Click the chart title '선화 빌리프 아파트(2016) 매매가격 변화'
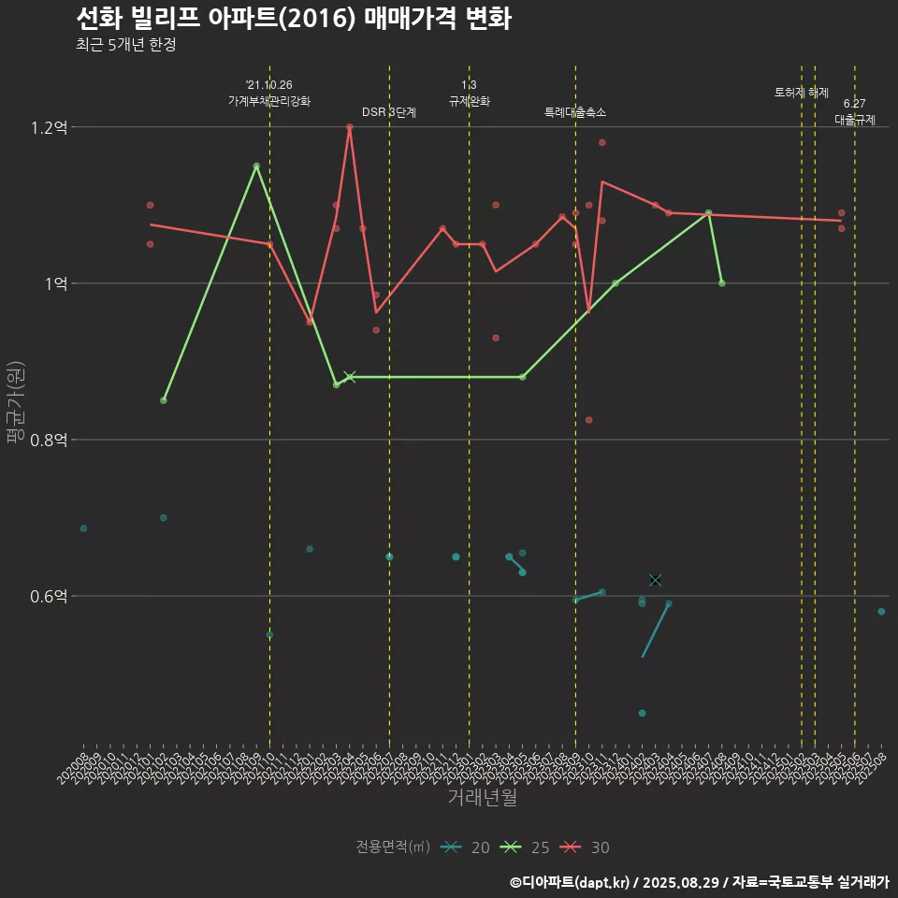pyautogui.click(x=293, y=19)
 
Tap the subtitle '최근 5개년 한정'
pyautogui.click(x=125, y=45)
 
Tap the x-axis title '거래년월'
pyautogui.click(x=482, y=797)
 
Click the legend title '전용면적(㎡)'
pyautogui.click(x=393, y=847)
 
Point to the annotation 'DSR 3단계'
pyautogui.click(x=389, y=112)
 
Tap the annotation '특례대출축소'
pyautogui.click(x=575, y=112)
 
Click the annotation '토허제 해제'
pyautogui.click(x=802, y=93)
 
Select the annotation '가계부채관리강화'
pyautogui.click(x=269, y=101)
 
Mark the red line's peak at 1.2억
pyautogui.click(x=349, y=127)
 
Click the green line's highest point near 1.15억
pyautogui.click(x=256, y=167)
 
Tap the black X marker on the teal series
pyautogui.click(x=655, y=580)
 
